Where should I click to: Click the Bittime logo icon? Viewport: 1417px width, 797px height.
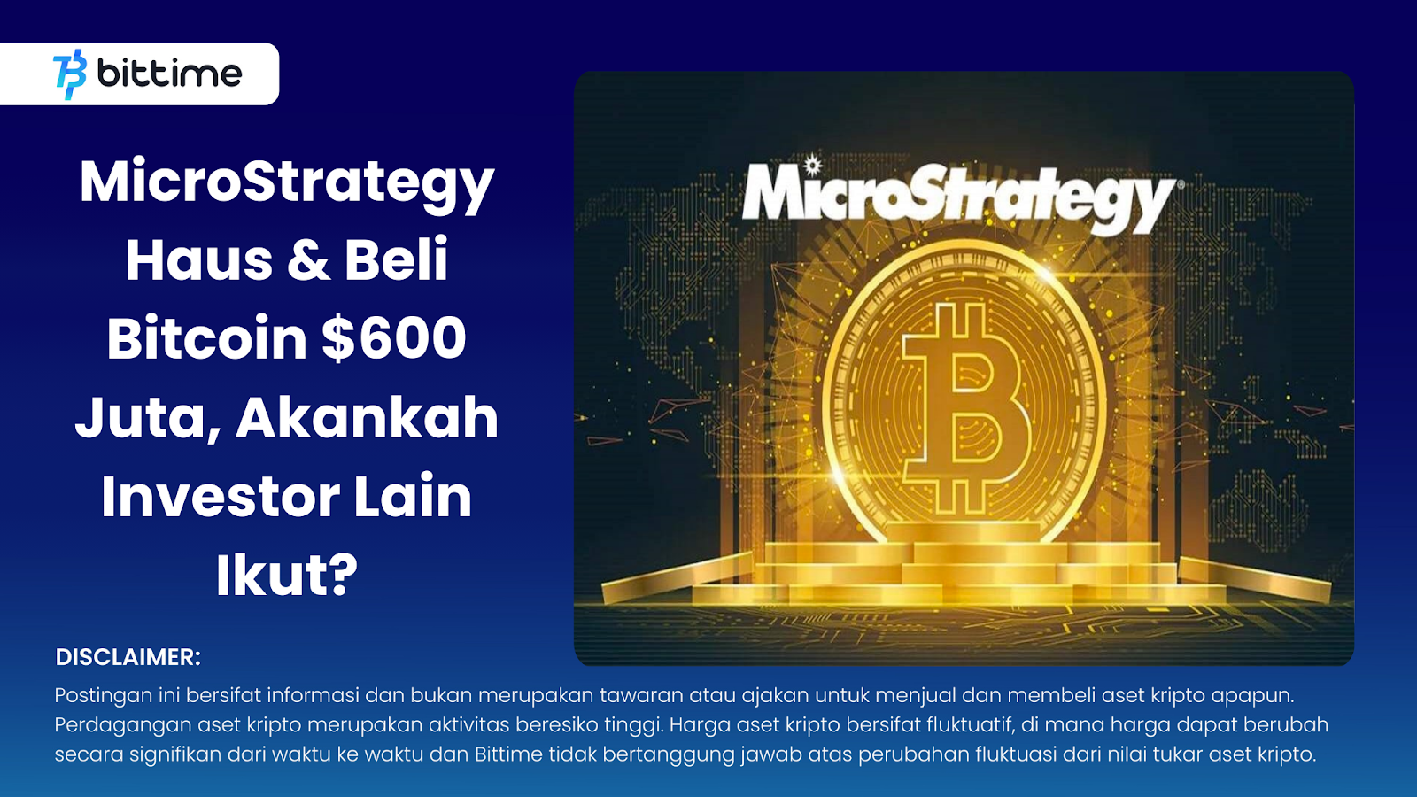(x=70, y=74)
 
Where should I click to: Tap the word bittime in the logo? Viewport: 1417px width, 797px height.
(x=169, y=74)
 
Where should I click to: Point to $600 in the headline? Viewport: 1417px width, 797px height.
(x=394, y=339)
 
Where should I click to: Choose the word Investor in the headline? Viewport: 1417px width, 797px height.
(x=220, y=497)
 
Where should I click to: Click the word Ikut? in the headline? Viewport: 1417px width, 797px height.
(x=287, y=575)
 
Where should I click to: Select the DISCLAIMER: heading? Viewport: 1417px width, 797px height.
(x=128, y=657)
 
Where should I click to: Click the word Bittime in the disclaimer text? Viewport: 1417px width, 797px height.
(x=508, y=754)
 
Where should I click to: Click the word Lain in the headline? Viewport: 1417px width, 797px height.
(x=413, y=497)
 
